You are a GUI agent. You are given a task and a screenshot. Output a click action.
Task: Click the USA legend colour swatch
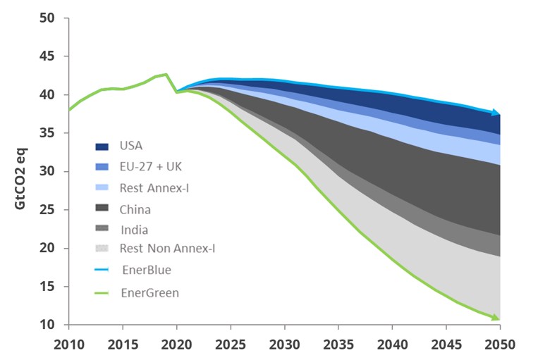click(101, 147)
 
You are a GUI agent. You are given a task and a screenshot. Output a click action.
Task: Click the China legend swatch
click(101, 209)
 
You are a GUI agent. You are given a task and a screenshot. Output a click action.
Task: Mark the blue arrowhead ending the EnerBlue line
click(496, 113)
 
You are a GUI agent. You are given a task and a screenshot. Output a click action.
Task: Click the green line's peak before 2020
click(166, 74)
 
